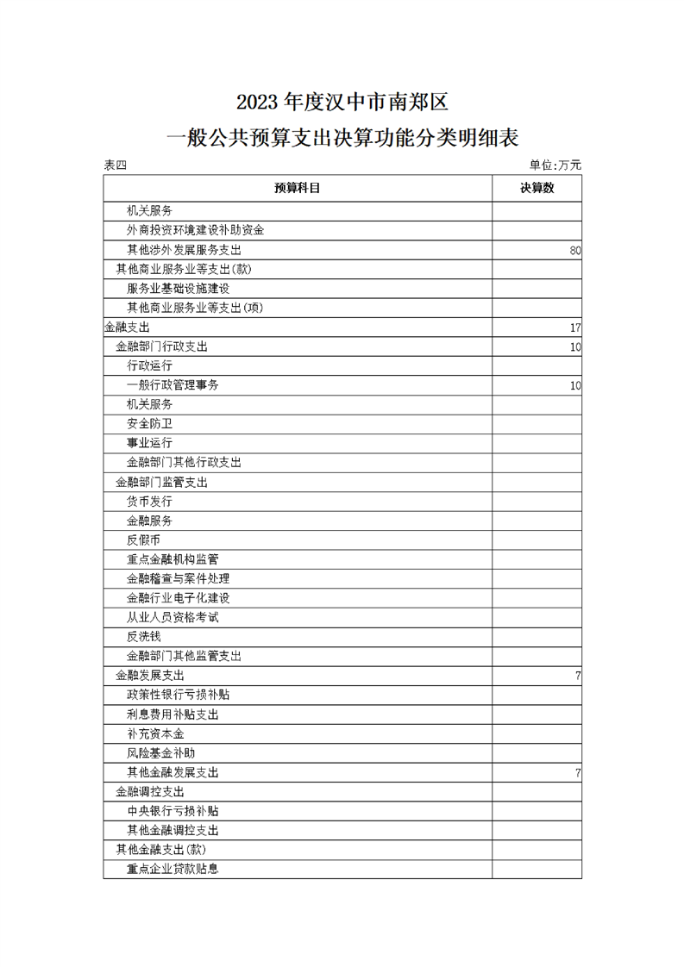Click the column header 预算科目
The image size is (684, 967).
(x=298, y=188)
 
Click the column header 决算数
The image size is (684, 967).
(x=537, y=188)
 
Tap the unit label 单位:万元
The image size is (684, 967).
(x=555, y=165)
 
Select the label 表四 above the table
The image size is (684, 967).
(x=115, y=165)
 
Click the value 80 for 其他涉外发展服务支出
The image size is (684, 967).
(x=575, y=250)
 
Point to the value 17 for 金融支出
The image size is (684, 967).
(x=575, y=328)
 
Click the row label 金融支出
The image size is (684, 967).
(x=126, y=328)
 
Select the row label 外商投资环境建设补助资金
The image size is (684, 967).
(x=195, y=230)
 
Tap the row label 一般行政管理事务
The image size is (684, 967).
(x=173, y=385)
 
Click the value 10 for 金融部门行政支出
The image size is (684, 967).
(x=575, y=346)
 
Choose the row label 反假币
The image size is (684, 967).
(x=143, y=540)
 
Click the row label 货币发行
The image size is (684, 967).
(x=149, y=502)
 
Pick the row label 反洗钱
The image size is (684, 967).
(x=143, y=637)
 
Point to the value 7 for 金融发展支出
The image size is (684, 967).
(x=577, y=676)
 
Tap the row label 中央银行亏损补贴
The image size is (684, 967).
(x=173, y=812)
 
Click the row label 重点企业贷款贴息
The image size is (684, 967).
(x=173, y=870)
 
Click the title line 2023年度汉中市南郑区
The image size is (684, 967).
(x=342, y=103)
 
